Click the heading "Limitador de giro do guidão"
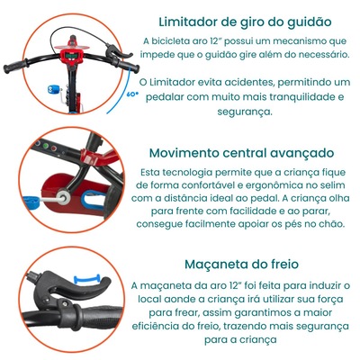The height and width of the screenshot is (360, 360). [x=245, y=22]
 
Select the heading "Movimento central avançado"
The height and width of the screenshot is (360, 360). [x=241, y=153]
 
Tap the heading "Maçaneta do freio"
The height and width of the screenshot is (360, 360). [x=241, y=265]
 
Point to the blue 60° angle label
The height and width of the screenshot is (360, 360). [x=132, y=94]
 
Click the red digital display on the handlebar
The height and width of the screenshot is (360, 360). [x=72, y=57]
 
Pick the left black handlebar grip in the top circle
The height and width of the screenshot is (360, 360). [x=14, y=67]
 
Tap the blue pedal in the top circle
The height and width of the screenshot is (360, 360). [x=54, y=89]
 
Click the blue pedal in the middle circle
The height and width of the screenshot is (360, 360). [x=31, y=200]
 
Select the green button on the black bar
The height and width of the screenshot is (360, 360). [x=46, y=146]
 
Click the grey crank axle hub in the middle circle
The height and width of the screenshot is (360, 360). [x=64, y=198]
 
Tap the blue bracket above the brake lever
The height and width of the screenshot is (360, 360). [x=87, y=278]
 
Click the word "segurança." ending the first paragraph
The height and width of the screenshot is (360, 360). [x=245, y=112]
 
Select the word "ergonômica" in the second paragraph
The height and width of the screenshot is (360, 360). [x=272, y=185]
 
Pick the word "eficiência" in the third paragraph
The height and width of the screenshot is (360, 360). [x=155, y=326]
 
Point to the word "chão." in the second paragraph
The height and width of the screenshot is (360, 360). [x=331, y=224]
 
